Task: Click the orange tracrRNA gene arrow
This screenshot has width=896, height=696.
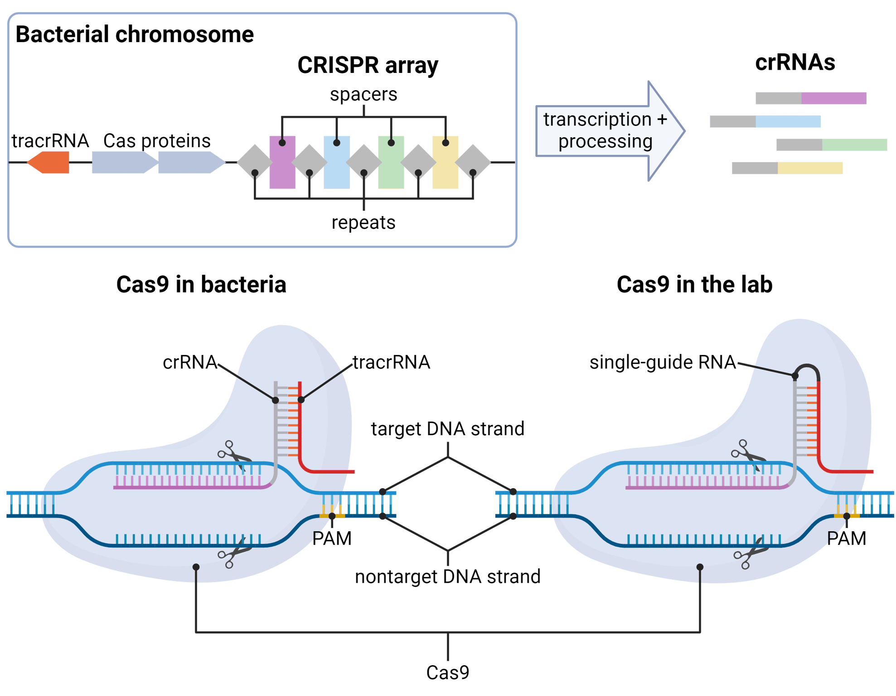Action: (49, 162)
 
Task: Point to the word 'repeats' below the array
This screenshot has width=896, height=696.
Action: (363, 223)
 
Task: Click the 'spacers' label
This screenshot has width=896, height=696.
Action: (363, 95)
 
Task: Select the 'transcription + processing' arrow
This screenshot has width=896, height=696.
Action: (607, 131)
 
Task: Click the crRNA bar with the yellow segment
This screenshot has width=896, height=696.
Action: (787, 168)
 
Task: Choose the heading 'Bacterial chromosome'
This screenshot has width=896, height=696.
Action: (134, 35)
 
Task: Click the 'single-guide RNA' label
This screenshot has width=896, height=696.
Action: (662, 362)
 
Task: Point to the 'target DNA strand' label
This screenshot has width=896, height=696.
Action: (447, 429)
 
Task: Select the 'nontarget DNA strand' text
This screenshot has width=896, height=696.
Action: (447, 577)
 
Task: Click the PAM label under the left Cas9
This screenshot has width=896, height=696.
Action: (332, 539)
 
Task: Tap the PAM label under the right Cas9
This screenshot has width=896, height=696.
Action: (846, 539)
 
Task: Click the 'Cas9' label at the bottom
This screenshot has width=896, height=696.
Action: (447, 672)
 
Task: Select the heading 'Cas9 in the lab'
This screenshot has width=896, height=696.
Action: (694, 285)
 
